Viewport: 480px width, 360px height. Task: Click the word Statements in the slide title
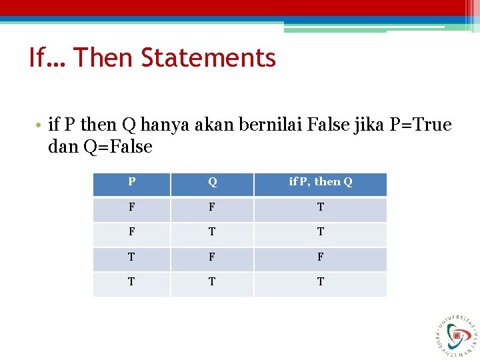pos(209,58)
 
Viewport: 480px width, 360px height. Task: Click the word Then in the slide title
pos(104,58)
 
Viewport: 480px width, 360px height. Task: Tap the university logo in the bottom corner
pos(458,335)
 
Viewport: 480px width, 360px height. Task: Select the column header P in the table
pos(131,182)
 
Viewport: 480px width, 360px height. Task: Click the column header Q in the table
pos(212,182)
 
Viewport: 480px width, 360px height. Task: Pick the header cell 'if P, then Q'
pos(320,182)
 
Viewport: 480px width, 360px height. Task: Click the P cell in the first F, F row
pos(131,207)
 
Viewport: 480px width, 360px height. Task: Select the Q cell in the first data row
pos(212,207)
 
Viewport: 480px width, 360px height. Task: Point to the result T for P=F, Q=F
pos(320,207)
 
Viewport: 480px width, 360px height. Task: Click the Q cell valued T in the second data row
pos(212,232)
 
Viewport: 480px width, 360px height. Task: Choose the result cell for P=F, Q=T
pos(320,232)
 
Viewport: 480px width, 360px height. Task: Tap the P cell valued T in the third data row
pos(131,257)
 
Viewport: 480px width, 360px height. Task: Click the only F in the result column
pos(320,257)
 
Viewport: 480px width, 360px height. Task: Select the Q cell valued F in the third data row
pos(212,257)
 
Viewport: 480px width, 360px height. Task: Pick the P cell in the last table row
pos(131,282)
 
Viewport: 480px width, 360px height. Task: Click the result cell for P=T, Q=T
pos(320,282)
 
